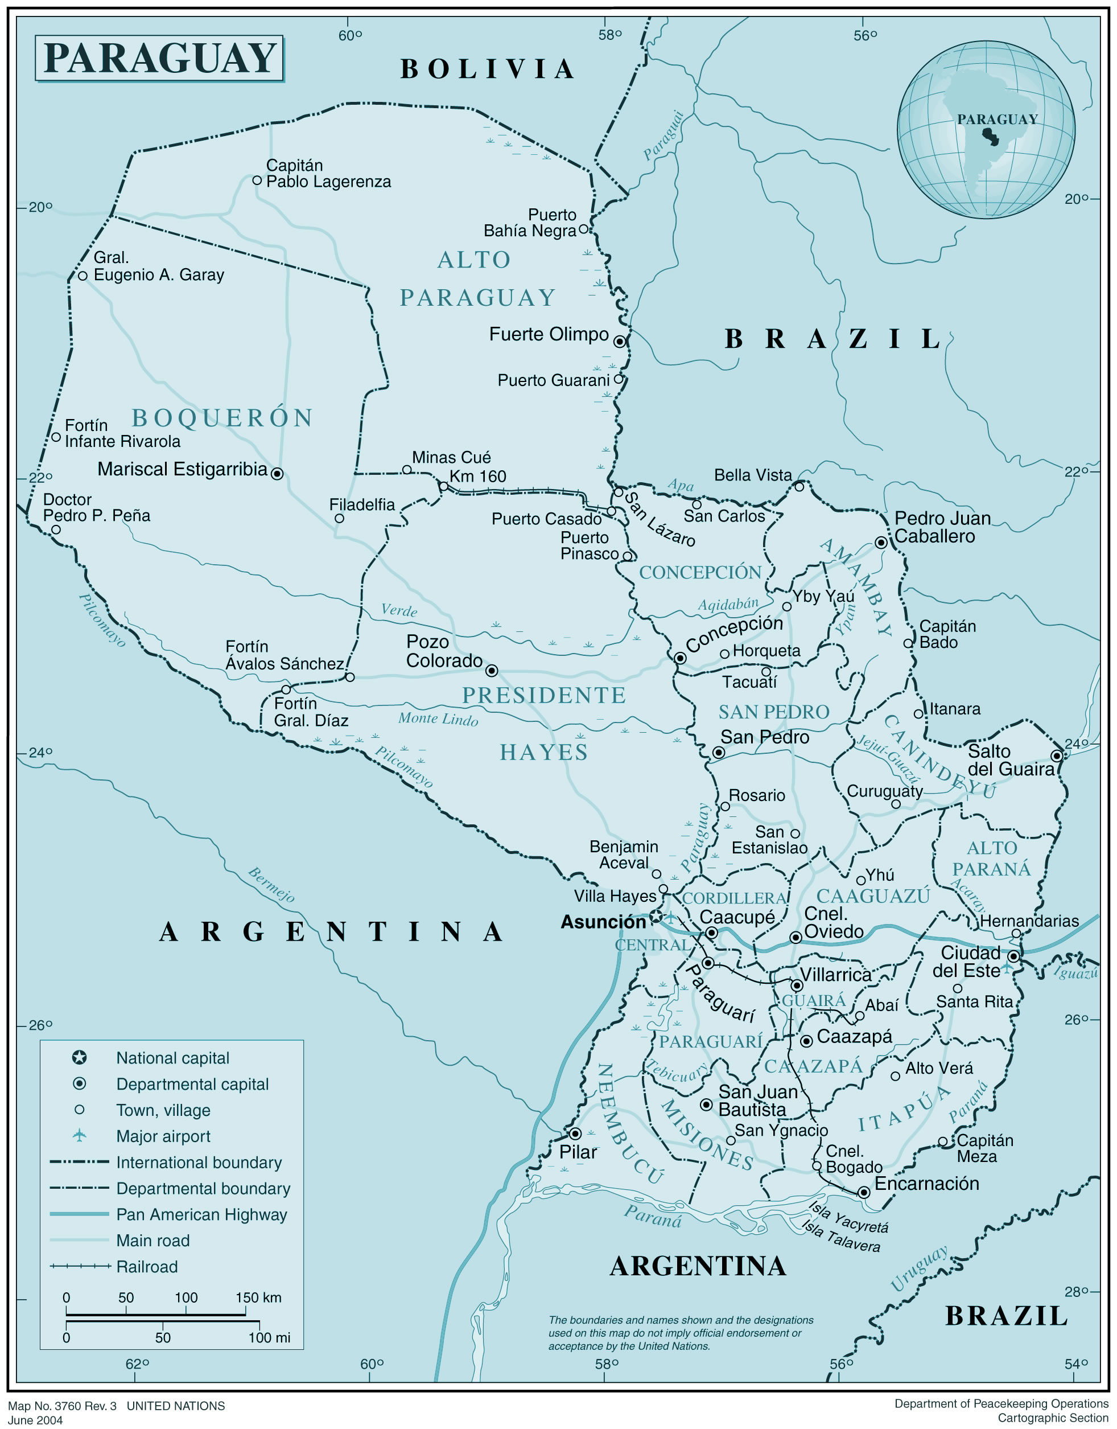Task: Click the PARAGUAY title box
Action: point(159,58)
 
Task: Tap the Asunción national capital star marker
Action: point(656,915)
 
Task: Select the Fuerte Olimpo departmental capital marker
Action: point(619,341)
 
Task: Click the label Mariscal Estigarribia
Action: point(182,469)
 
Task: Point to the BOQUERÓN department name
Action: point(222,418)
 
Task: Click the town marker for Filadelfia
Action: point(339,518)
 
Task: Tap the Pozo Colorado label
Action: point(443,651)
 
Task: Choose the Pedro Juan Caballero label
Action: point(942,527)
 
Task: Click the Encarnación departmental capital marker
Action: point(863,1192)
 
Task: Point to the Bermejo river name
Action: point(271,885)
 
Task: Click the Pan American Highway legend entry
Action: point(201,1214)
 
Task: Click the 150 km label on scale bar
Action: point(258,1297)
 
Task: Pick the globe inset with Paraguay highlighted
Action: point(986,130)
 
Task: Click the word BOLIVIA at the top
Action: point(488,69)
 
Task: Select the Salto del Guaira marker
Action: point(1056,755)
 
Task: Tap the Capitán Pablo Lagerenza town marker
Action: point(257,180)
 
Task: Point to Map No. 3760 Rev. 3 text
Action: point(62,1406)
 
